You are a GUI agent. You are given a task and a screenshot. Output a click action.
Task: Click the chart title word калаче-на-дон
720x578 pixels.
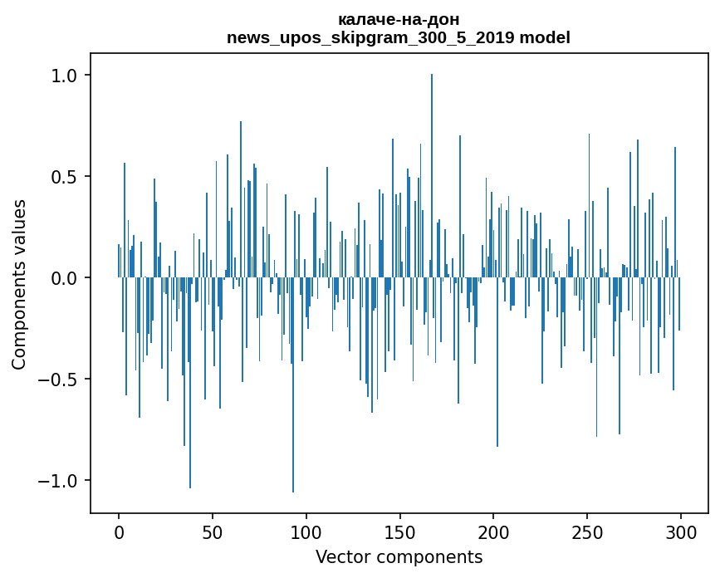pyautogui.click(x=399, y=19)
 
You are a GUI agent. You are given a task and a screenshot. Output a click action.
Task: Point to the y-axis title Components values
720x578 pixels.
pyautogui.click(x=19, y=284)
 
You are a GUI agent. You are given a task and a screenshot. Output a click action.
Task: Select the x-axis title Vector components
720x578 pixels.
pyautogui.click(x=399, y=557)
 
